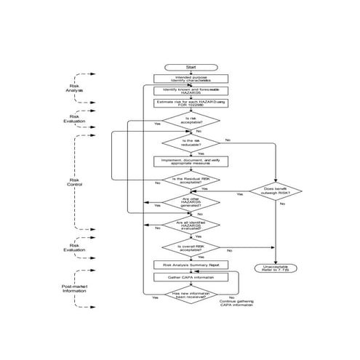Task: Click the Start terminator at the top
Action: [191, 66]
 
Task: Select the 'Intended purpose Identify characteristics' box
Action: [191, 78]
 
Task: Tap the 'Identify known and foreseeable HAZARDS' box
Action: [191, 90]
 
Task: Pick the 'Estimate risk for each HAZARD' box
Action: [191, 103]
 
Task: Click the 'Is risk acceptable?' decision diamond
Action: [191, 120]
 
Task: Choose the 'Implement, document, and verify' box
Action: [191, 161]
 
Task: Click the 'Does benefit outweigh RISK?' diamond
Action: [277, 191]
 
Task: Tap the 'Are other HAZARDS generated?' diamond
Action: [191, 201]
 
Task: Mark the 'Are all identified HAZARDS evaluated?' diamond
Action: [191, 225]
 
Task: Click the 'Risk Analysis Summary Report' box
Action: [191, 265]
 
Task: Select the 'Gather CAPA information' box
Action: [191, 277]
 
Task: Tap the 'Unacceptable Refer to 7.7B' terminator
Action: [276, 269]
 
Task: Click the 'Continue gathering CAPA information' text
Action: [237, 303]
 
